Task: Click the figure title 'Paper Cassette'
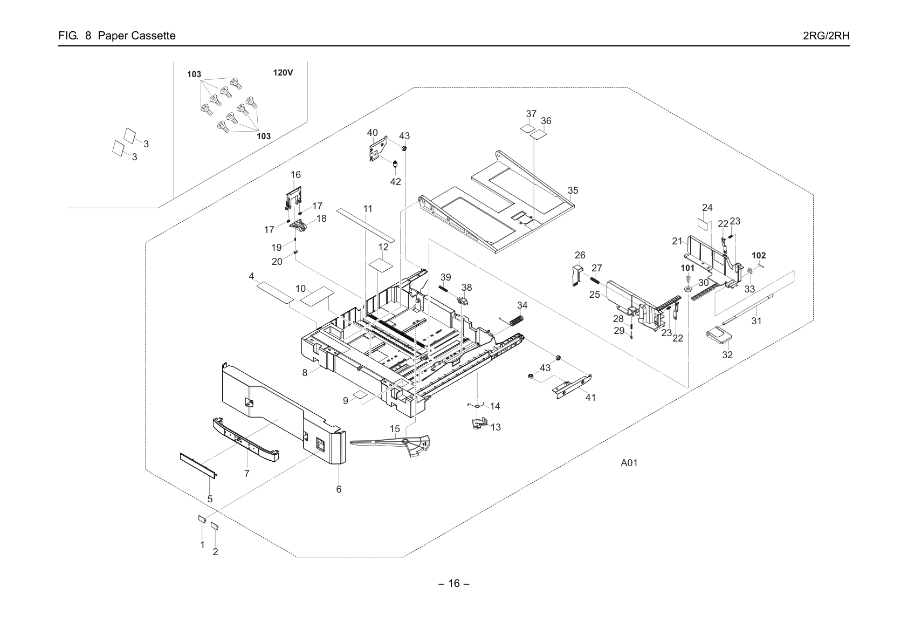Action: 136,36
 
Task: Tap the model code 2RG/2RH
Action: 826,36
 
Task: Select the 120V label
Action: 283,73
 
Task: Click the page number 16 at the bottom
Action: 454,583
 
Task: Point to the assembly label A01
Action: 629,463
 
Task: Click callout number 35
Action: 573,190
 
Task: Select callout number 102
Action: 759,256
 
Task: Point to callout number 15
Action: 395,429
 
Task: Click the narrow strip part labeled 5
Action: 198,466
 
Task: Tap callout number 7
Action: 246,473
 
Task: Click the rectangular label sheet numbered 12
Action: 381,265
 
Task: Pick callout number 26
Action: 580,255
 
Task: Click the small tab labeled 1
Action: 202,518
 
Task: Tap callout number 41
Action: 590,398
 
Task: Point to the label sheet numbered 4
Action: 275,293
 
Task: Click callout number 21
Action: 677,241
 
